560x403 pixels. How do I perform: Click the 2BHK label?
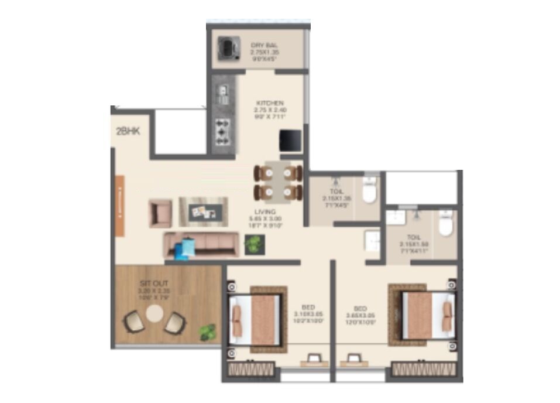[128, 132]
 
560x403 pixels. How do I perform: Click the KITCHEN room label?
[269, 104]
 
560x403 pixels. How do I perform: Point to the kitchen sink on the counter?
[223, 92]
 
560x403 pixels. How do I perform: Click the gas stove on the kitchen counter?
[222, 132]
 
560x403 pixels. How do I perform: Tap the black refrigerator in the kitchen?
[290, 141]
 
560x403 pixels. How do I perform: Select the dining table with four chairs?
[278, 182]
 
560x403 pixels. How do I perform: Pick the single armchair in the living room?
[160, 213]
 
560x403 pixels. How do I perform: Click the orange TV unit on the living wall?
[119, 206]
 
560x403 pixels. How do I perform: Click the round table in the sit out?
[154, 315]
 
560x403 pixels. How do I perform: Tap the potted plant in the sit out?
[207, 332]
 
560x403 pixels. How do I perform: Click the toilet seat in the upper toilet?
[369, 192]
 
